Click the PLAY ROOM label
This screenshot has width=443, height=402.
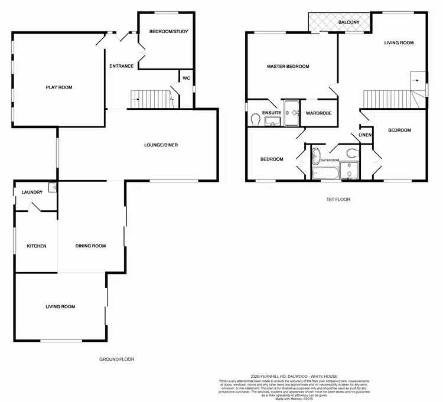tap(59, 87)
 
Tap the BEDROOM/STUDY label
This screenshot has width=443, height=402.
tap(168, 31)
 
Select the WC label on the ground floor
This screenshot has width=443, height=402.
tap(186, 78)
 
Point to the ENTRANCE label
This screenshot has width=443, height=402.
tap(122, 66)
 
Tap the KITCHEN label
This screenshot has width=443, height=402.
tap(36, 246)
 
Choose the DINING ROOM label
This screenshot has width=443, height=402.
tap(90, 246)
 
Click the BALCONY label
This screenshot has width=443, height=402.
tap(348, 22)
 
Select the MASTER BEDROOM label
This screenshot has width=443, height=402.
tap(288, 67)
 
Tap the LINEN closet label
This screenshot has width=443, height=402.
tap(365, 136)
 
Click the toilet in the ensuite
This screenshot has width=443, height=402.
tap(255, 120)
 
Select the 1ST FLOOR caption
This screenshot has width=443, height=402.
tap(338, 200)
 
